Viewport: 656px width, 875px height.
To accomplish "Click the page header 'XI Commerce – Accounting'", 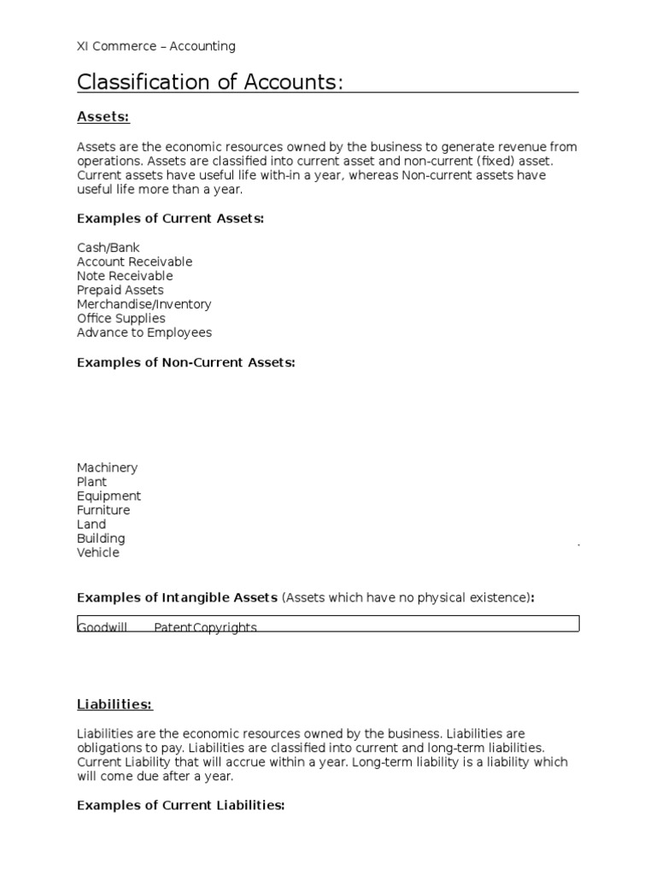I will (x=156, y=46).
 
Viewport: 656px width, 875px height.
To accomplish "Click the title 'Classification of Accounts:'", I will (x=210, y=82).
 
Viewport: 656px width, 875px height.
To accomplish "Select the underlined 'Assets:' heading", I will (x=103, y=116).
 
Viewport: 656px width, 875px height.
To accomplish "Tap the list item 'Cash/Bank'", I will (x=108, y=248).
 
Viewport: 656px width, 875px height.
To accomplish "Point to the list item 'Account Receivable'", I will (x=134, y=261).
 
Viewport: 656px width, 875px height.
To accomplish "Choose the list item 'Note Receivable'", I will (x=125, y=276).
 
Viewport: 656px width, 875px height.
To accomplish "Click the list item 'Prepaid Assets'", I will (x=120, y=291).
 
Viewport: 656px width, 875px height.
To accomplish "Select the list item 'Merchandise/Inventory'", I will (x=143, y=304).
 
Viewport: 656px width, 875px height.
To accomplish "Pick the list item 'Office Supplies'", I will (x=121, y=319).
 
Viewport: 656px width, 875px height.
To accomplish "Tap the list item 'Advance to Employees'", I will (x=144, y=332).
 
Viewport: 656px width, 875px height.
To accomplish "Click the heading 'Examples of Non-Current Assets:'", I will (x=186, y=362).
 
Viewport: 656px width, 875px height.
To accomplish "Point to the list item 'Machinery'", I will (x=107, y=467).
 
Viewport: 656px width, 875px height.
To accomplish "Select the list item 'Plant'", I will (x=92, y=482).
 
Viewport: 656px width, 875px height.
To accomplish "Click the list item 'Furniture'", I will (x=103, y=510).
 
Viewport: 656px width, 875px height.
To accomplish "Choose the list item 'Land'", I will (x=91, y=525).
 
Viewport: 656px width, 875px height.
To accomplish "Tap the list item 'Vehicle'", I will (x=98, y=553).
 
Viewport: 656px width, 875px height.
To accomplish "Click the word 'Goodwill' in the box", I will (x=102, y=627).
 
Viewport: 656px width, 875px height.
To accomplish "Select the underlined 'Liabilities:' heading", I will (x=114, y=704).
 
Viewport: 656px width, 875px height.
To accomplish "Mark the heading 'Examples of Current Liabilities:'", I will (x=180, y=805).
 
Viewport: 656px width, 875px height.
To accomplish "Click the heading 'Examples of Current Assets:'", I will (x=171, y=219).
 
